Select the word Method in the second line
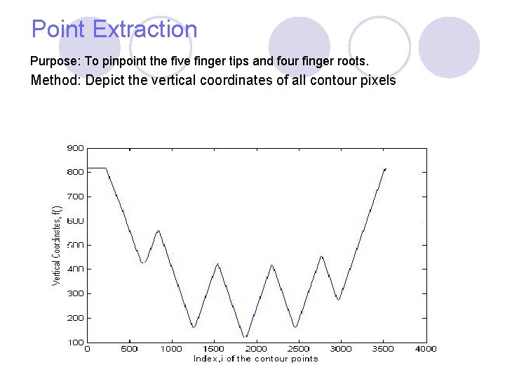pyautogui.click(x=56, y=80)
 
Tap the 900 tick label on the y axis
pyautogui.click(x=75, y=148)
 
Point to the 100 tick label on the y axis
pyautogui.click(x=75, y=343)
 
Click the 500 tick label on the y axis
pyautogui.click(x=75, y=245)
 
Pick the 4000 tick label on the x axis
pyautogui.click(x=426, y=349)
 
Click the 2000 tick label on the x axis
pyautogui.click(x=257, y=349)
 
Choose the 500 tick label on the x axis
pyautogui.click(x=130, y=349)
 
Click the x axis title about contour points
pyautogui.click(x=255, y=359)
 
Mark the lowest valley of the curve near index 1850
pyautogui.click(x=245, y=337)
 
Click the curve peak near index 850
pyautogui.click(x=159, y=230)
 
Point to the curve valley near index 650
pyautogui.click(x=143, y=262)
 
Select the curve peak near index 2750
pyautogui.click(x=321, y=256)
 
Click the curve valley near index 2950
pyautogui.click(x=339, y=300)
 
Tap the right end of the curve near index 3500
pyautogui.click(x=385, y=169)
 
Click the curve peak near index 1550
pyautogui.click(x=218, y=264)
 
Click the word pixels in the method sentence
pyautogui.click(x=379, y=80)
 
